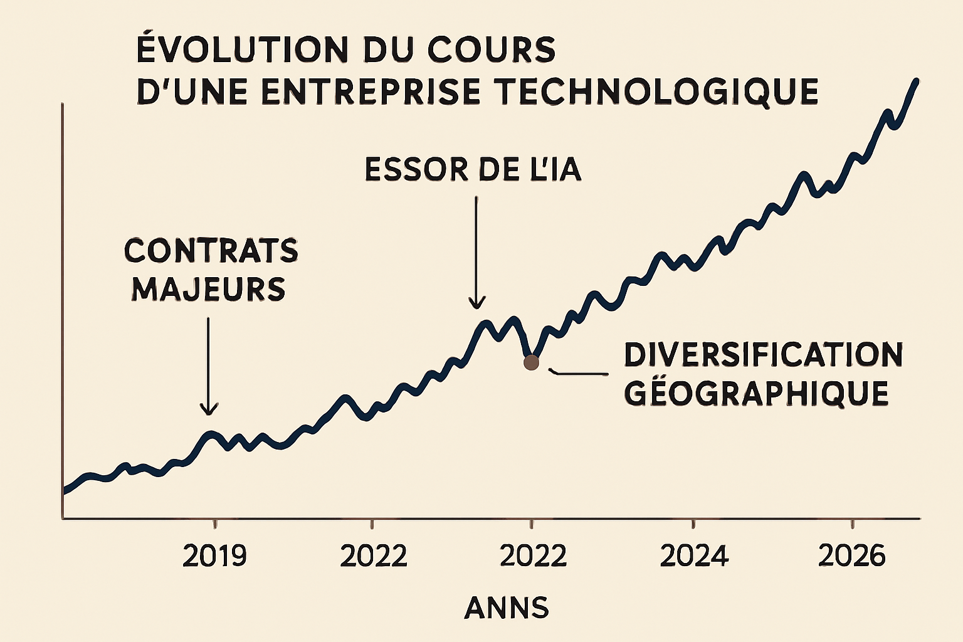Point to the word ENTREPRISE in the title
(369, 92)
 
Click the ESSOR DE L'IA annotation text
(473, 170)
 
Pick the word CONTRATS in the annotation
(211, 251)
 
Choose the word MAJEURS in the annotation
(208, 290)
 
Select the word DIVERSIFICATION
(763, 355)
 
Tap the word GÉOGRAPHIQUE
(756, 394)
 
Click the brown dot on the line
(531, 362)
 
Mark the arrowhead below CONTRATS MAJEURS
(209, 409)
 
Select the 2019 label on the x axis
(214, 556)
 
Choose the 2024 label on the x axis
(694, 556)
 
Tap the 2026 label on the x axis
(852, 556)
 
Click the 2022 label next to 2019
(373, 556)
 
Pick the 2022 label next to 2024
(533, 556)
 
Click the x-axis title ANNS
(507, 608)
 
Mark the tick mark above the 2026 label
(852, 524)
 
